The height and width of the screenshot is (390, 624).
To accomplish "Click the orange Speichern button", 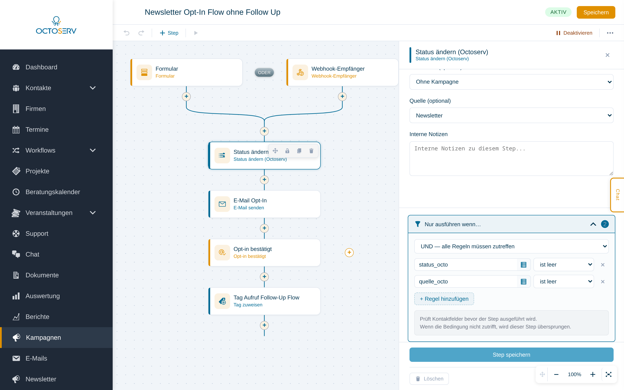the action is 596,12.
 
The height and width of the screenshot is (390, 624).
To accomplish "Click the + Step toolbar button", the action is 169,33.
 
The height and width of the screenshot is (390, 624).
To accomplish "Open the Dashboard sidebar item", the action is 41,67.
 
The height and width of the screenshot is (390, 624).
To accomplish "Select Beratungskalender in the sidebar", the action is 53,192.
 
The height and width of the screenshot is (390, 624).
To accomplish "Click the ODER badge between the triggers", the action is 264,73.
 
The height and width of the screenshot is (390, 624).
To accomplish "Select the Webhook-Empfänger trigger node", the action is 342,72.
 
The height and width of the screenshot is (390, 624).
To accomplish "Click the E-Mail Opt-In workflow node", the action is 264,204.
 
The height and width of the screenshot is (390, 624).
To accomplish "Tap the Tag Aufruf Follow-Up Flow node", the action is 264,301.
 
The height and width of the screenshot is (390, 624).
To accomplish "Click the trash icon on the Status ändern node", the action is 311,151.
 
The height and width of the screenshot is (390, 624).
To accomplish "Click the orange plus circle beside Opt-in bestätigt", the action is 349,252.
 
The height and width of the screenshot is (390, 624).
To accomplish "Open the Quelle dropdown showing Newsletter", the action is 511,115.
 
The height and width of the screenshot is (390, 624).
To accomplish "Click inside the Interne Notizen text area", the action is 511,158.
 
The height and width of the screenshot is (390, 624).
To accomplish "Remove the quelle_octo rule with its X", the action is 603,282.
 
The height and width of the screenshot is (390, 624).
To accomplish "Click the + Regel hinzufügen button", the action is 444,299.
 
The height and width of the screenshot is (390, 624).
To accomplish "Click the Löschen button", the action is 429,379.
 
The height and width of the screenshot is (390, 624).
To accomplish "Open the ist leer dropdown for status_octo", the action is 564,265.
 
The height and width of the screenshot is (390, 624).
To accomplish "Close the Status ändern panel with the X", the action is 608,55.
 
